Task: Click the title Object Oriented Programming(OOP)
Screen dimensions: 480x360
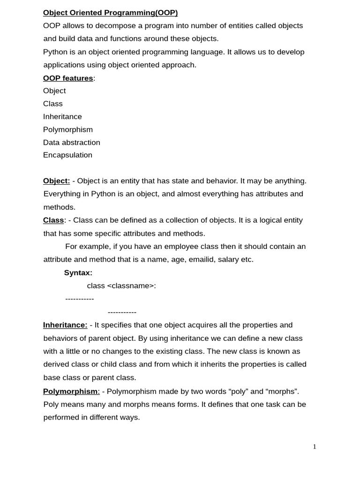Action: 110,13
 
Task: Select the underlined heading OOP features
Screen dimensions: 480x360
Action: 68,78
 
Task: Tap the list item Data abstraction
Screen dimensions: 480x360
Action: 72,142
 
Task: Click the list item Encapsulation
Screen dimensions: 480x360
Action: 67,155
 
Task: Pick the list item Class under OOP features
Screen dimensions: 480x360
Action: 52,104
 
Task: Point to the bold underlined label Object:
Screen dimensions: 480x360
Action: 56,181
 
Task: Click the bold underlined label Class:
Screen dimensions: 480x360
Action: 54,220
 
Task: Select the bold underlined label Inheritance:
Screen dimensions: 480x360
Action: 65,325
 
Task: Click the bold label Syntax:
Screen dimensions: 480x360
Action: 78,273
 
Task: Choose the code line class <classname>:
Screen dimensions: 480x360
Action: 121,285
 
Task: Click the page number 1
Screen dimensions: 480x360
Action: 315,447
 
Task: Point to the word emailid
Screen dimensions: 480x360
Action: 200,259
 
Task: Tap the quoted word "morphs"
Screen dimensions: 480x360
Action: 281,391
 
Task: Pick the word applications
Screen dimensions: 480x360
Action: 65,65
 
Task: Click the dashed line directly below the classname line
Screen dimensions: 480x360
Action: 80,299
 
